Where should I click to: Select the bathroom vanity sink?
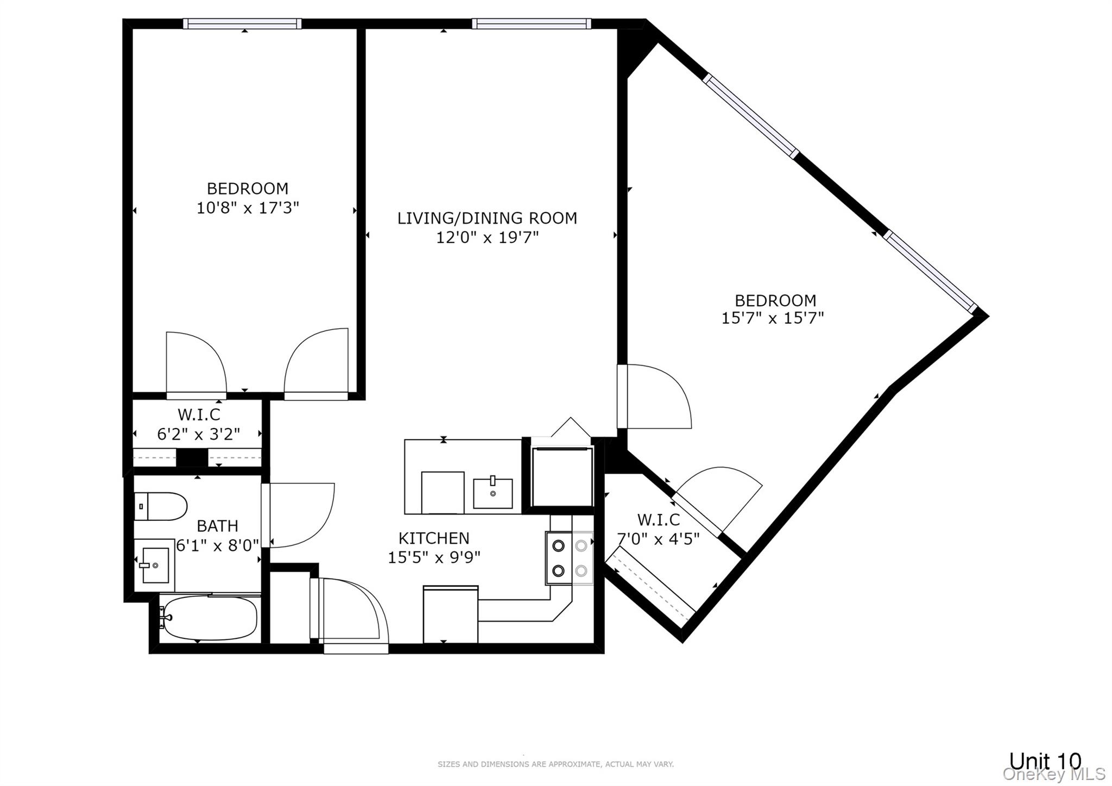coord(155,565)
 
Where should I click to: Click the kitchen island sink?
coord(492,493)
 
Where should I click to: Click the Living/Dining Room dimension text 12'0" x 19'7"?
coord(487,237)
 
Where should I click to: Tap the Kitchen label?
coord(434,538)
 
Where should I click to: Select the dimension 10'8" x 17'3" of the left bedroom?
coord(248,208)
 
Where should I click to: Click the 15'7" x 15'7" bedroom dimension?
coord(772,318)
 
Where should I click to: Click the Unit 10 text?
coord(1045,761)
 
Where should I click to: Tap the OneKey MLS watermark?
coord(1054,774)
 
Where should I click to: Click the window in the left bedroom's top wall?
coord(242,23)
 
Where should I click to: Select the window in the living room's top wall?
coord(531,23)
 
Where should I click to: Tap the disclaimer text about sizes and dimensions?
coord(555,764)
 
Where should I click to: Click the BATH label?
coord(217,526)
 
